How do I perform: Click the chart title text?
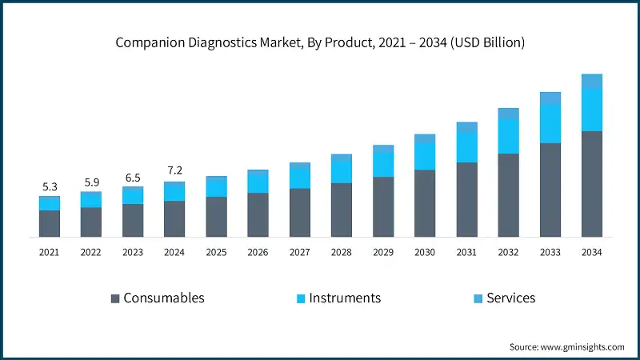point(320,42)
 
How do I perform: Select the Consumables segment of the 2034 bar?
point(591,184)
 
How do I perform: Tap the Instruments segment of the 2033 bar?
point(550,124)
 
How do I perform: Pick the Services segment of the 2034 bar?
point(591,81)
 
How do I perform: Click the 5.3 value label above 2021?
point(50,187)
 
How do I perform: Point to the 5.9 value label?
point(91,182)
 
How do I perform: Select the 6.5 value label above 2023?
point(133,178)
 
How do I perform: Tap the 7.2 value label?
point(174,172)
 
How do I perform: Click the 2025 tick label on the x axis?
point(216,252)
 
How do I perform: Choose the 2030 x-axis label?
point(425,252)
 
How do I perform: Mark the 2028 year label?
point(342,252)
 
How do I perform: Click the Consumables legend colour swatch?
point(115,298)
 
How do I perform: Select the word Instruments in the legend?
point(345,298)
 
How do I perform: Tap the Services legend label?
point(511,298)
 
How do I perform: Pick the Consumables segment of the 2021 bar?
point(50,223)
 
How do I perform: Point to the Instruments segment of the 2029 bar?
point(383,164)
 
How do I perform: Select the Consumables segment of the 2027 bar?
point(300,213)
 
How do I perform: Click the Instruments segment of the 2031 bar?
point(466,147)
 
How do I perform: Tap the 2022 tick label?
point(91,252)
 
